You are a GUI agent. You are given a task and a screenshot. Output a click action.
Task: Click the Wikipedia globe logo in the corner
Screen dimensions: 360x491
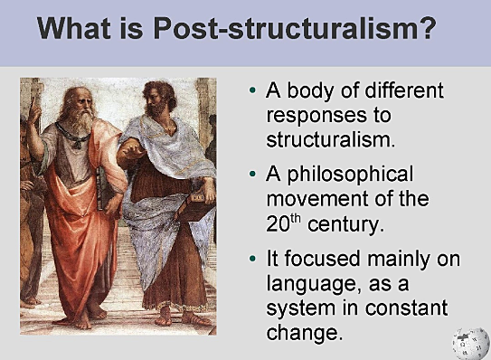coord(470,342)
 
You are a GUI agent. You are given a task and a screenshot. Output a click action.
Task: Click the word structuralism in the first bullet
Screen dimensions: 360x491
coord(331,140)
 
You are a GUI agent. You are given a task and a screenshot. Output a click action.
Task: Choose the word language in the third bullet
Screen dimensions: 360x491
coord(306,284)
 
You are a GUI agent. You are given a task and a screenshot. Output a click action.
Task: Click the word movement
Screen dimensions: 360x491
coord(312,197)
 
